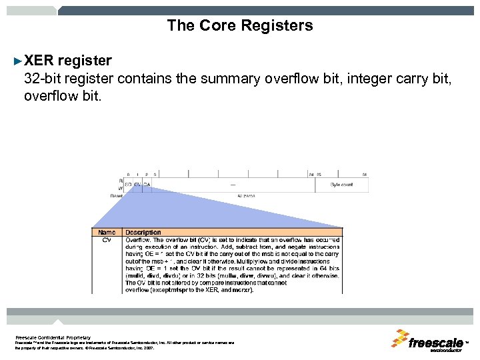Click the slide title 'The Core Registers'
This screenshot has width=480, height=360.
[x=239, y=26]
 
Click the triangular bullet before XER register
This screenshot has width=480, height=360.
[x=18, y=61]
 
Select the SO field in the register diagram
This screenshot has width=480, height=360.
[x=129, y=185]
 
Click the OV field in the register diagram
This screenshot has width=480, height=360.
[x=137, y=185]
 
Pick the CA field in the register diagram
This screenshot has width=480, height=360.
[x=146, y=185]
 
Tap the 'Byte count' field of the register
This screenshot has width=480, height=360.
[x=342, y=185]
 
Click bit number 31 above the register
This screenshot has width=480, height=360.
[x=365, y=174]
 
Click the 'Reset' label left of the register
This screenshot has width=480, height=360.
[x=117, y=196]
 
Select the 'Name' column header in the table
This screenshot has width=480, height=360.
[x=107, y=233]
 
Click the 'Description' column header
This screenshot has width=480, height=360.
[x=143, y=233]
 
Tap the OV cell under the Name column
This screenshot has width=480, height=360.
[x=107, y=240]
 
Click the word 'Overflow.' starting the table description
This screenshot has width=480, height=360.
[x=138, y=240]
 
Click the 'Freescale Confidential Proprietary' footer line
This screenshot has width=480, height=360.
[x=53, y=337]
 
